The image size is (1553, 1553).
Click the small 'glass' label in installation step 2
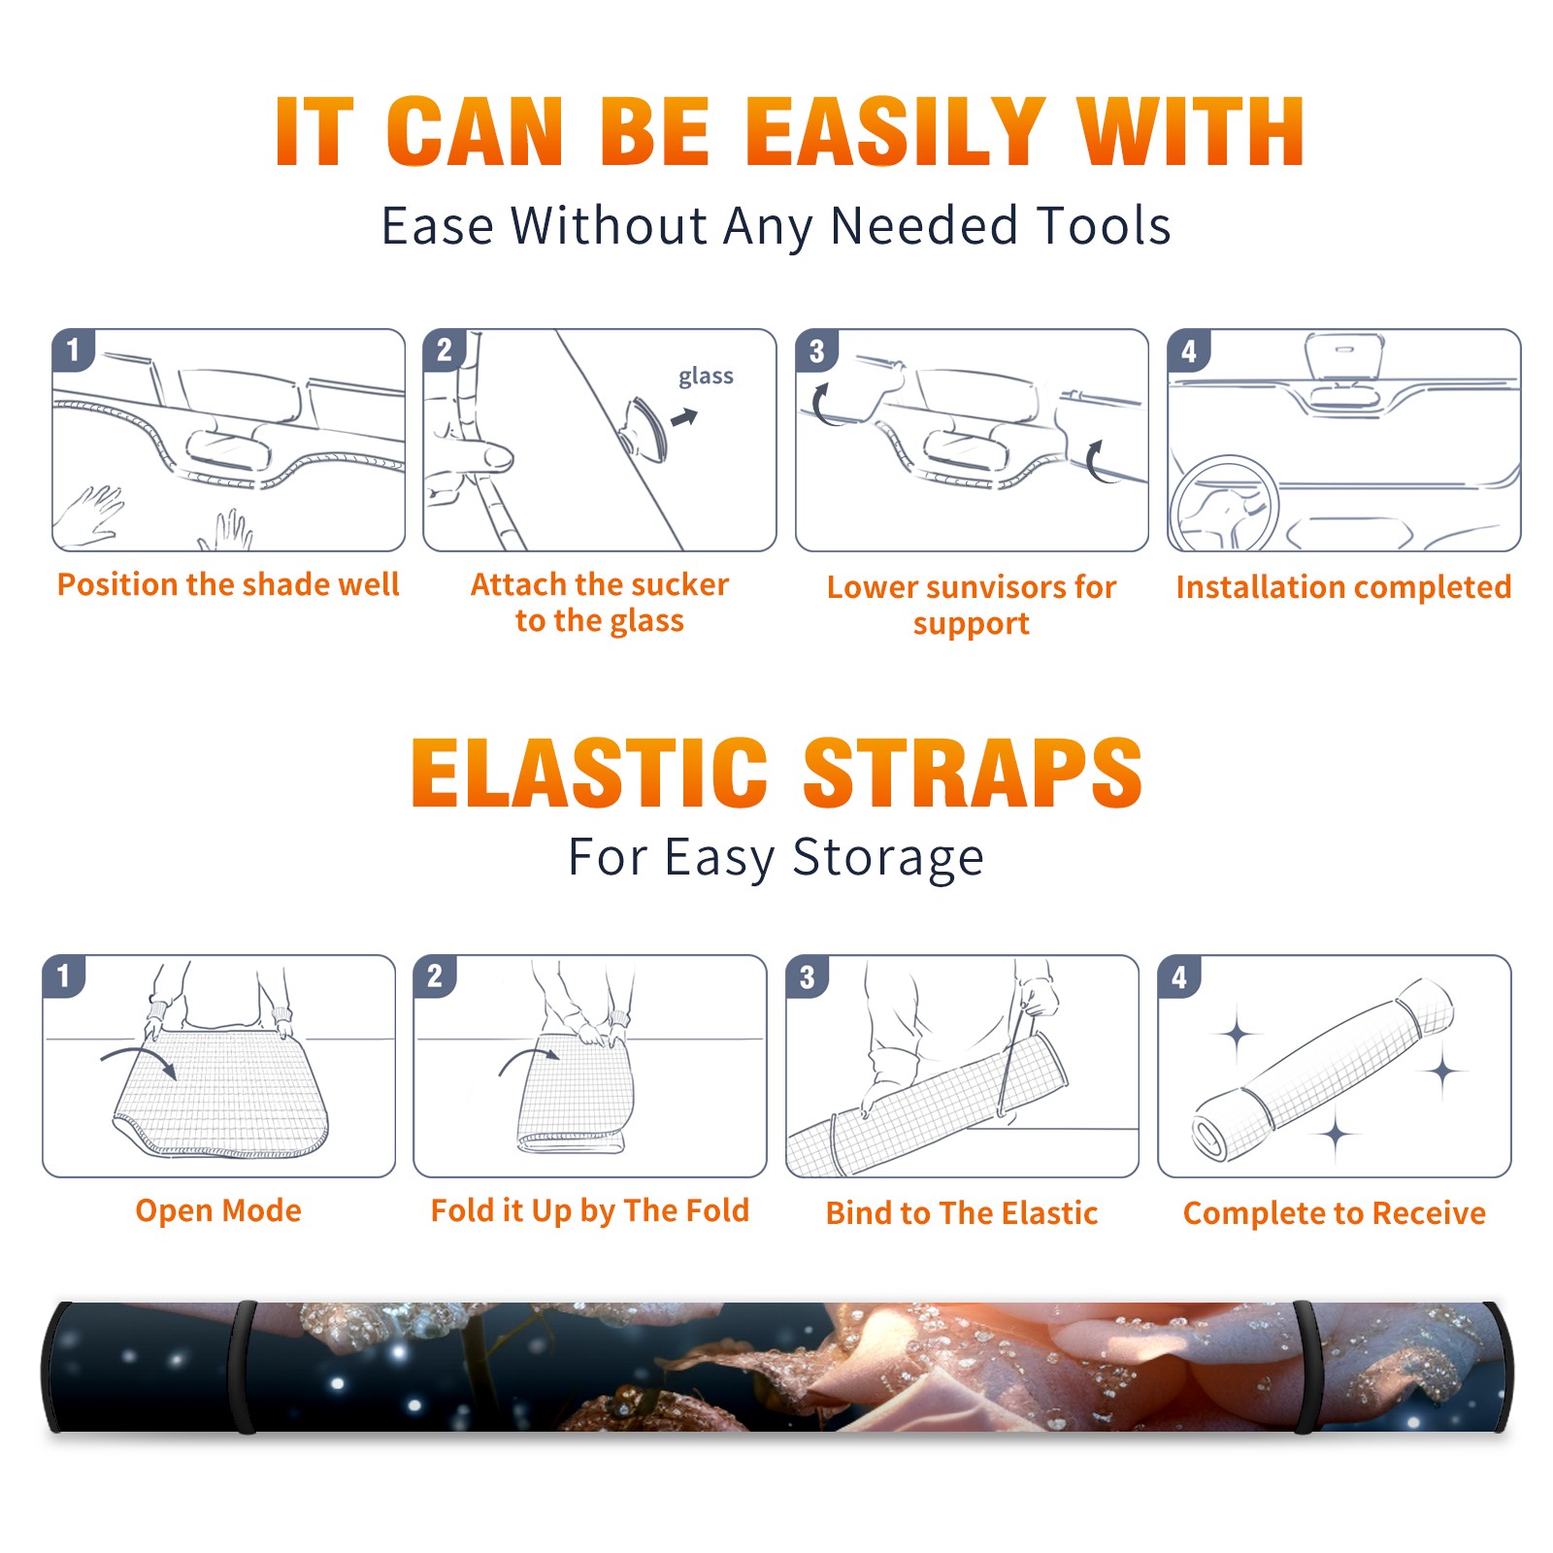706,377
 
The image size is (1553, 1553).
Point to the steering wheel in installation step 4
1223,504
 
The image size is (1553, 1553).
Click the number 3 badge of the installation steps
816,351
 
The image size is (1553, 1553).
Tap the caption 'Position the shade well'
228,584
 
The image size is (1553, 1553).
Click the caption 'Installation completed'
1343,587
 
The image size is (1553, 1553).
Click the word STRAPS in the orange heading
973,773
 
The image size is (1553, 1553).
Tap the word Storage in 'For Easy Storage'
888,859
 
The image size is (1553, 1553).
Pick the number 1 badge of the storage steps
64,976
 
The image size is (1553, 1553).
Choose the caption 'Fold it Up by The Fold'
590,1211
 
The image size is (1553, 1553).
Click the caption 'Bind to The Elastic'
962,1213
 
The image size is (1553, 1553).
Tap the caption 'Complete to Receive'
1335,1213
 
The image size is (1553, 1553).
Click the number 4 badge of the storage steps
1179,976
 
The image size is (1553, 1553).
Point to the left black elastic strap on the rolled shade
243,1367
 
